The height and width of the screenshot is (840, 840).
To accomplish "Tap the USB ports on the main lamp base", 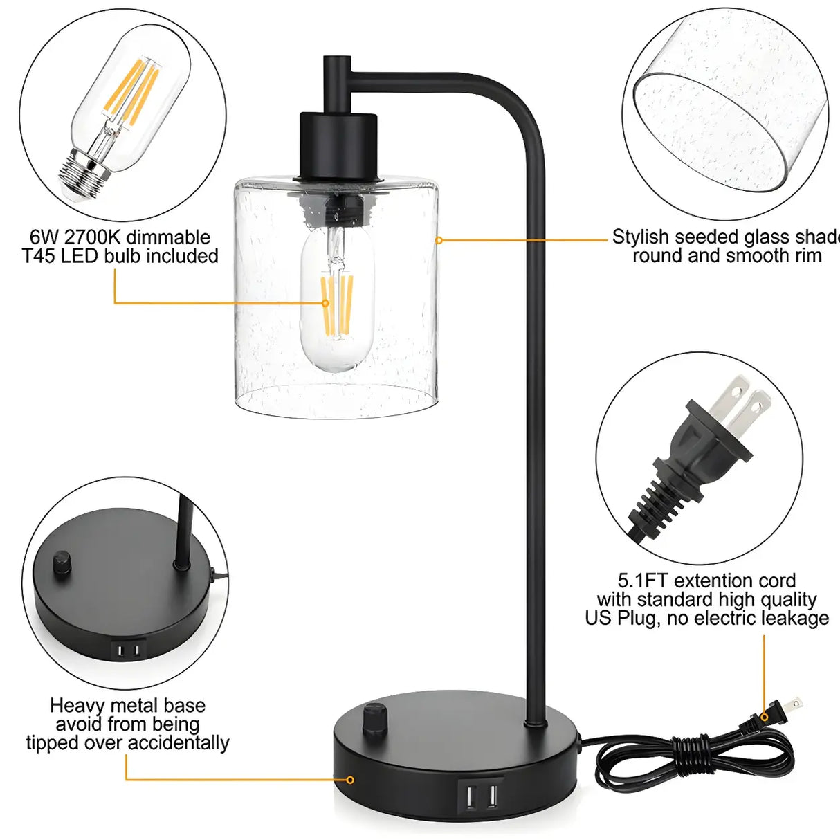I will [x=480, y=798].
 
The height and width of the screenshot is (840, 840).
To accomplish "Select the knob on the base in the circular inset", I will [x=62, y=561].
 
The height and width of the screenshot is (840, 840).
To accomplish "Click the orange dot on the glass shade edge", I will [x=439, y=240].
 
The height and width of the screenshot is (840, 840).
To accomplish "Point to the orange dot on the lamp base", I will [x=350, y=780].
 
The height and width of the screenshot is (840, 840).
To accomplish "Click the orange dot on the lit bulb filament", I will [x=325, y=302].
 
